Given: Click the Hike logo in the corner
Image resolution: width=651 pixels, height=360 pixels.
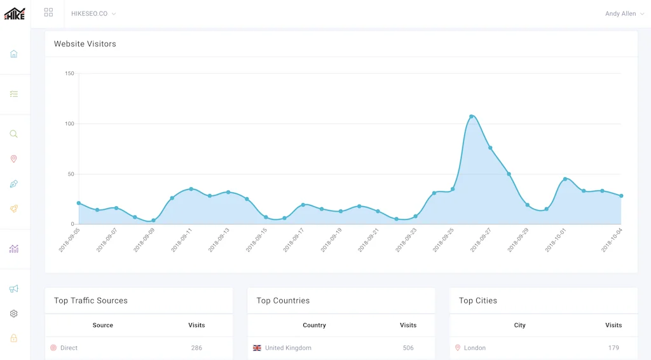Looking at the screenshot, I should click(x=15, y=13).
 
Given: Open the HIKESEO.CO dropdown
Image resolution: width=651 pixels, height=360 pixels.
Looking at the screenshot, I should click(x=93, y=13).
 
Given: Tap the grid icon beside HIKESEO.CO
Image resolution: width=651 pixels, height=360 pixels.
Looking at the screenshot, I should click(x=49, y=13).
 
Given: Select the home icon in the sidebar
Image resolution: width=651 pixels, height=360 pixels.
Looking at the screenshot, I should click(x=14, y=54).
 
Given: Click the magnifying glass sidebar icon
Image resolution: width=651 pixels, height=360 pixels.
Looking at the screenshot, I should click(x=14, y=134).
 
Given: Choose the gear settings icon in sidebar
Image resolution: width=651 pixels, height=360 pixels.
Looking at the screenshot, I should click(x=14, y=314).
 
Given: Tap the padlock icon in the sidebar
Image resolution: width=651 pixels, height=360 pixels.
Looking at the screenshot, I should click(x=14, y=338).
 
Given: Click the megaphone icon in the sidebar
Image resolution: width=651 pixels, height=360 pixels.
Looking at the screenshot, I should click(x=14, y=289).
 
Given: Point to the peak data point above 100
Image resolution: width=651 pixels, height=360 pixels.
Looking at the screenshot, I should click(x=471, y=116).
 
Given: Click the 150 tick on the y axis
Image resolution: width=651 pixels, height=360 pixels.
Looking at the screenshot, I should click(x=69, y=74).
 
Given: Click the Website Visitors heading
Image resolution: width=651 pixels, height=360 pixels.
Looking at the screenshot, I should click(x=85, y=44).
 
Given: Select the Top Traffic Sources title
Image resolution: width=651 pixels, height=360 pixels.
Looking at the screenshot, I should click(x=91, y=300).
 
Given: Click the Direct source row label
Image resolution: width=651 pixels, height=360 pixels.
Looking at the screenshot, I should click(x=69, y=348).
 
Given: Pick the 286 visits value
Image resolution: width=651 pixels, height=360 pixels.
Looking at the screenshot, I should click(x=196, y=348).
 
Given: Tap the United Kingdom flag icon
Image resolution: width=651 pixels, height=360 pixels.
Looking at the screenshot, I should click(x=257, y=348).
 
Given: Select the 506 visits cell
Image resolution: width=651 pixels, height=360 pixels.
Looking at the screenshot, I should click(x=408, y=348).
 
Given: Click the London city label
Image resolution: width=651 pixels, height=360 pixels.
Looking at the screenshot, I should click(x=474, y=348).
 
